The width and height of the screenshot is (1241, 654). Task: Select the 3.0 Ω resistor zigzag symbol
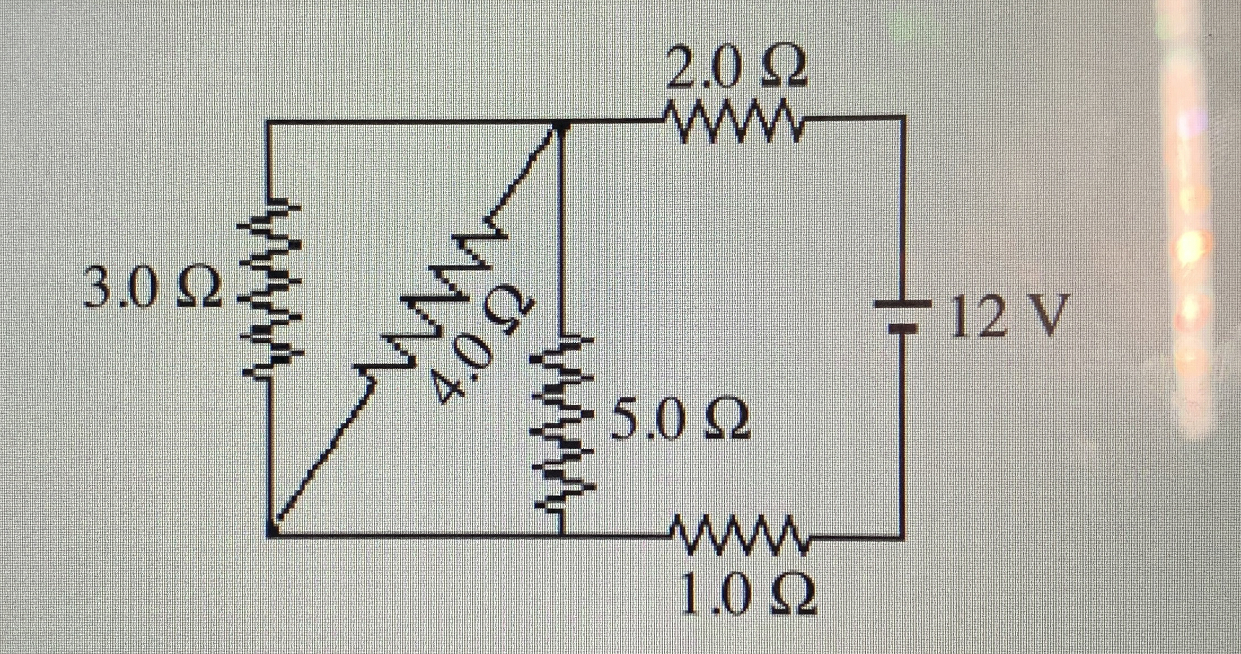coord(269,288)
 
